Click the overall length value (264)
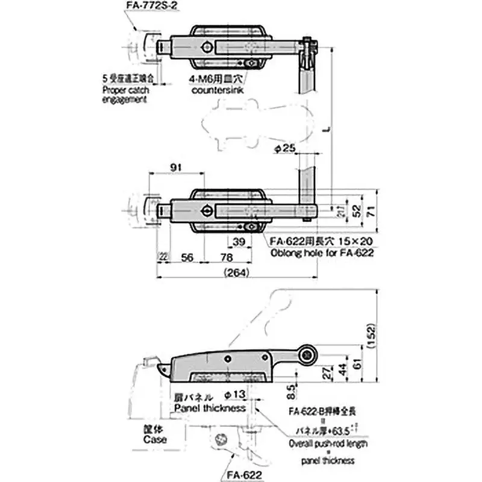coord(236,272)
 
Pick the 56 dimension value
coord(187,257)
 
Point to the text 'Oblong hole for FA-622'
coord(322,253)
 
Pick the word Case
coord(155,439)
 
